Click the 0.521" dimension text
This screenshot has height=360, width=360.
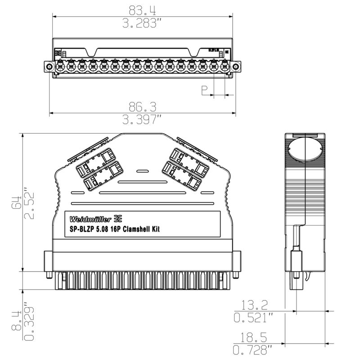click(x=254, y=318)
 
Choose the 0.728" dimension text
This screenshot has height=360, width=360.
click(x=254, y=350)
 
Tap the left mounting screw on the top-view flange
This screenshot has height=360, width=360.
click(x=48, y=67)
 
